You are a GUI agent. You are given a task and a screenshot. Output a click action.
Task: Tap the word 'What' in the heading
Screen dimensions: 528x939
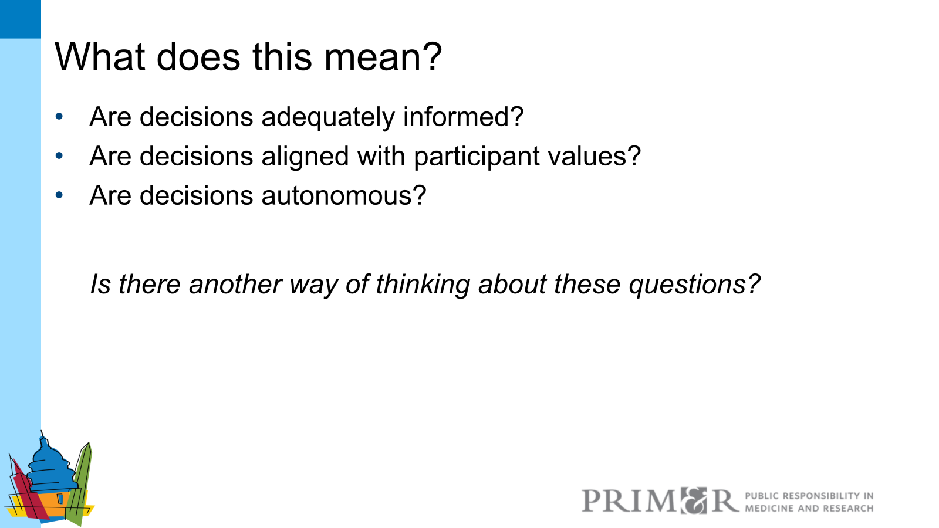click(100, 57)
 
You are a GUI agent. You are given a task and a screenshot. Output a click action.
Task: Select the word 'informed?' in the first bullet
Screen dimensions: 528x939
click(463, 117)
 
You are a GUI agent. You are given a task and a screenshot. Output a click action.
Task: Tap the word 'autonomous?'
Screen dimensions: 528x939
click(344, 195)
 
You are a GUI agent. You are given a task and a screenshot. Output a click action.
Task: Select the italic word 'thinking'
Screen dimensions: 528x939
click(423, 285)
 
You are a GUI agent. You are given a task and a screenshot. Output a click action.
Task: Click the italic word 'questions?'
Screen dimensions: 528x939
click(694, 285)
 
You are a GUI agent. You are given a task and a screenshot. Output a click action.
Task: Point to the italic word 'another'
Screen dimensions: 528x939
click(235, 285)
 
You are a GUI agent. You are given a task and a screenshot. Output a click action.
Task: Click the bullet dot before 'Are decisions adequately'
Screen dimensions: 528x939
click(59, 116)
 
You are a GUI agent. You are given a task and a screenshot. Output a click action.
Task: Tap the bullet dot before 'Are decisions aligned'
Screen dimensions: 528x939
click(59, 156)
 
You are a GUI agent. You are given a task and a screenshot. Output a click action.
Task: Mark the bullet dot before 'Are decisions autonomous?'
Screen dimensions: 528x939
click(59, 195)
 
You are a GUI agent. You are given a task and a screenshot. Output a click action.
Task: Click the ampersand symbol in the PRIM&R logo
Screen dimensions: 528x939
click(694, 500)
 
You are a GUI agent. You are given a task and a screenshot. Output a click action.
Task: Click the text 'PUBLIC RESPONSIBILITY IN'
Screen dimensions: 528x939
click(809, 496)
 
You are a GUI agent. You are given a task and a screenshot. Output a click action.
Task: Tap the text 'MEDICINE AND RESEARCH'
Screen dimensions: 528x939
click(809, 508)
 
